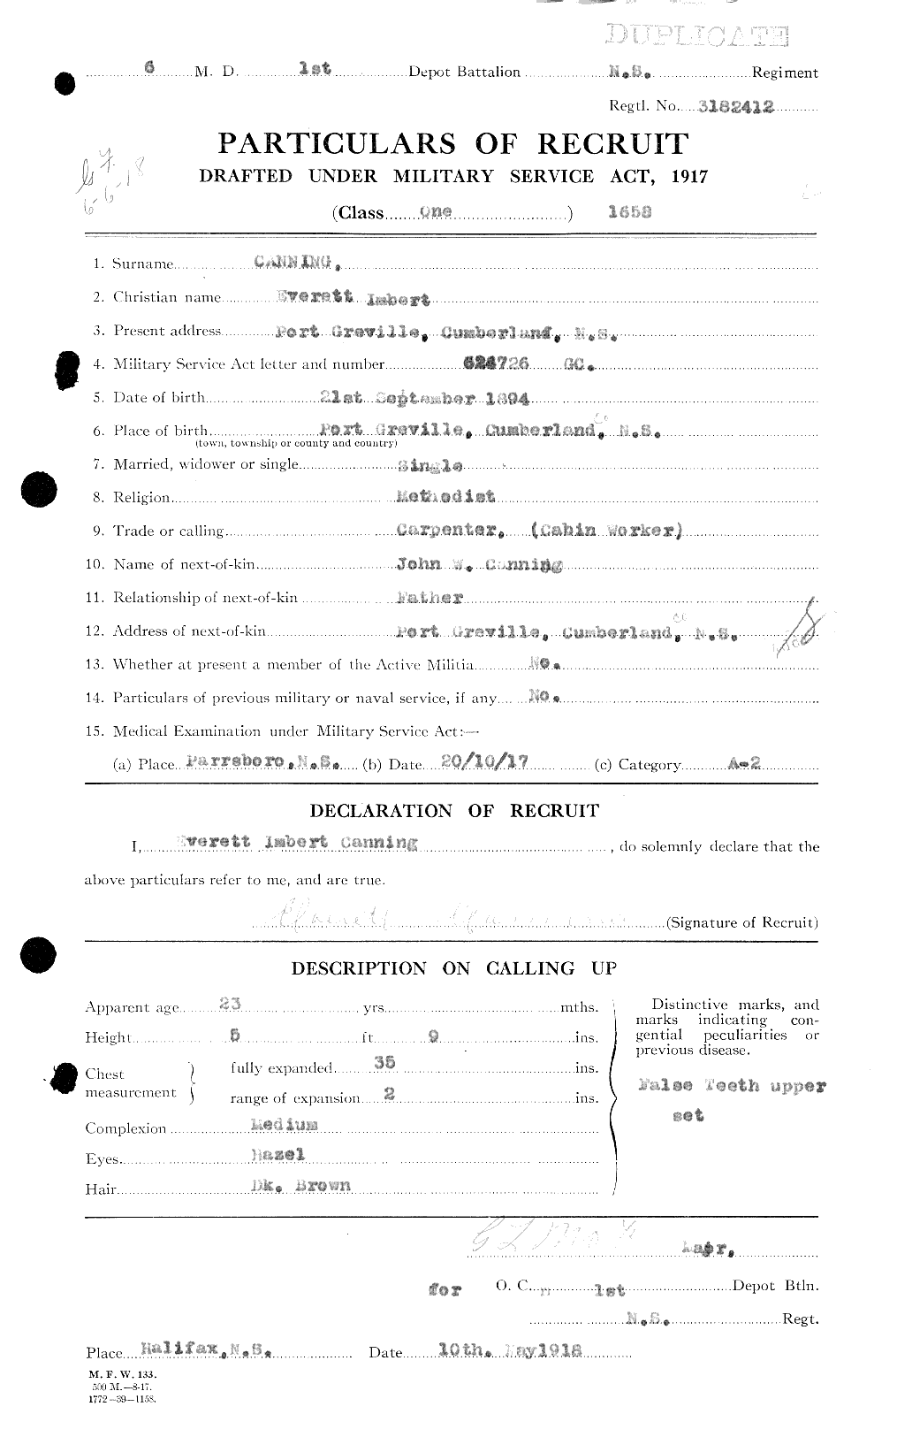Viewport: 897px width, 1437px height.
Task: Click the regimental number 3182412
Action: coord(735,106)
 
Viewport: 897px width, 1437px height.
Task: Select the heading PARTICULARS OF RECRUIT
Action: coord(452,143)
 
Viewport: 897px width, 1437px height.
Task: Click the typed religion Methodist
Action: coord(446,497)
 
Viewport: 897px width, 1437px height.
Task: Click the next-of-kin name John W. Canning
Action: coord(478,565)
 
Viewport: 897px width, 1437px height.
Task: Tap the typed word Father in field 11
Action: coord(430,598)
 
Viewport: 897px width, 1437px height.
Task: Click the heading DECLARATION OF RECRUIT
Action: coord(454,810)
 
